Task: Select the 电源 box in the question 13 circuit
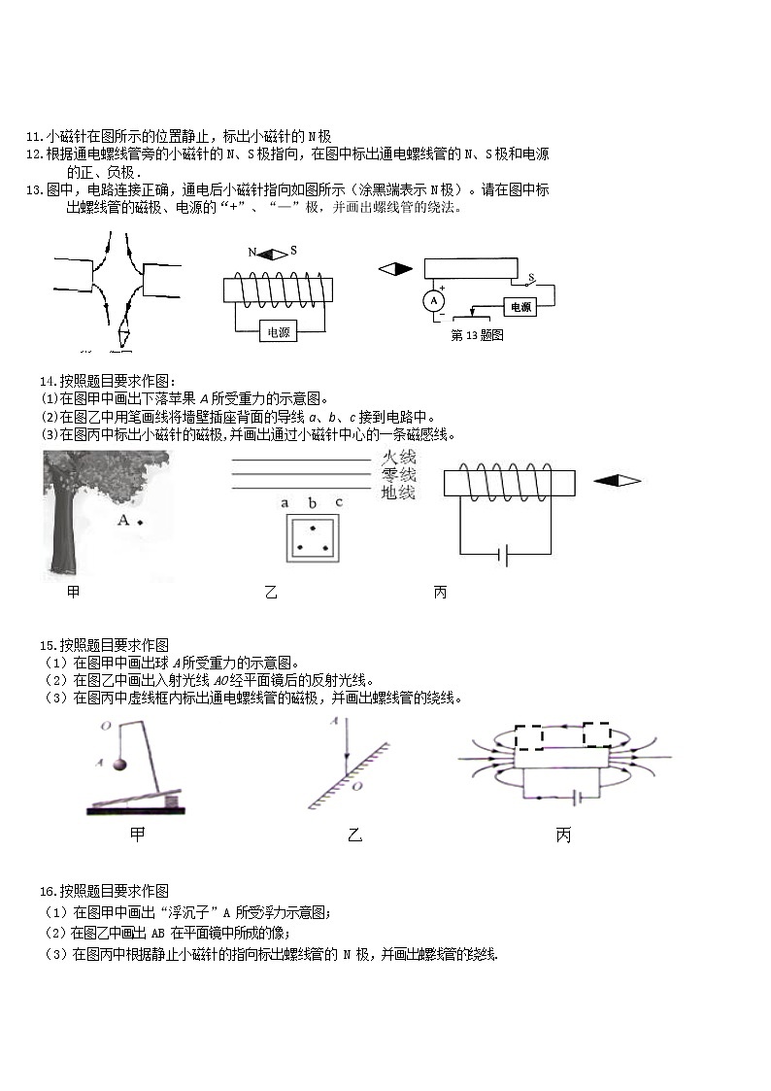[520, 307]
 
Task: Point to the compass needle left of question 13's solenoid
[395, 269]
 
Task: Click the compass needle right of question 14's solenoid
[617, 480]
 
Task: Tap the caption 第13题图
[477, 335]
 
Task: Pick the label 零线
[398, 475]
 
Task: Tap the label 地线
[398, 494]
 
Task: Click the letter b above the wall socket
[312, 502]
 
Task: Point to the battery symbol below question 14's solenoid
[502, 555]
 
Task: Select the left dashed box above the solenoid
[529, 736]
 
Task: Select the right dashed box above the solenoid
[596, 734]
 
